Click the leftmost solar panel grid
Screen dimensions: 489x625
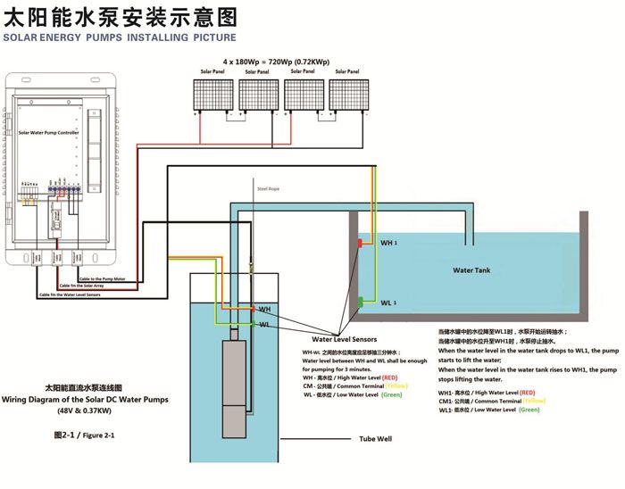217,95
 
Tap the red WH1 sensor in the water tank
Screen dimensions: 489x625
360,243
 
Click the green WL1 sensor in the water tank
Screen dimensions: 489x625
360,301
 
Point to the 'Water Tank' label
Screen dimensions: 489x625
471,269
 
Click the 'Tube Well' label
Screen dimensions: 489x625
376,440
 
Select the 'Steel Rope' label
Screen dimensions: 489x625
269,189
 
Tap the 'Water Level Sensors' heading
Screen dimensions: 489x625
344,340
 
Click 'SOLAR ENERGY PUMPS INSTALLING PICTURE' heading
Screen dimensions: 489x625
120,37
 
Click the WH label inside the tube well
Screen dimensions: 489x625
264,310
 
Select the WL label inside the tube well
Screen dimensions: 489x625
264,325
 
